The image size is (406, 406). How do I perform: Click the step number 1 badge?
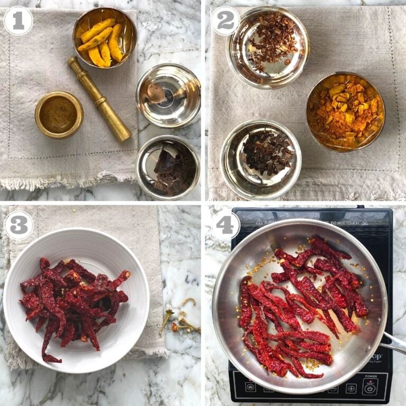18,21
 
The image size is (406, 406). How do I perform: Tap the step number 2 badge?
226,21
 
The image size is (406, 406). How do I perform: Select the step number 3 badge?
19,225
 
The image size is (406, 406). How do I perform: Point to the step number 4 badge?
225,225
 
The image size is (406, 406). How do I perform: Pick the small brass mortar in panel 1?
59,115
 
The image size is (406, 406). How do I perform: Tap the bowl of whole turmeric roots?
104,37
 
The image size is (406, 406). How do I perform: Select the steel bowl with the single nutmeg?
168,95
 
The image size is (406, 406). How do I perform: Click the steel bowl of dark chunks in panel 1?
168,167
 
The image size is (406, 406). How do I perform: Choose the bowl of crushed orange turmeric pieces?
345,111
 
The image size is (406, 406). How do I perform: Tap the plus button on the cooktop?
350,388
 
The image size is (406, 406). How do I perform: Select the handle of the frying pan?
393,343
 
